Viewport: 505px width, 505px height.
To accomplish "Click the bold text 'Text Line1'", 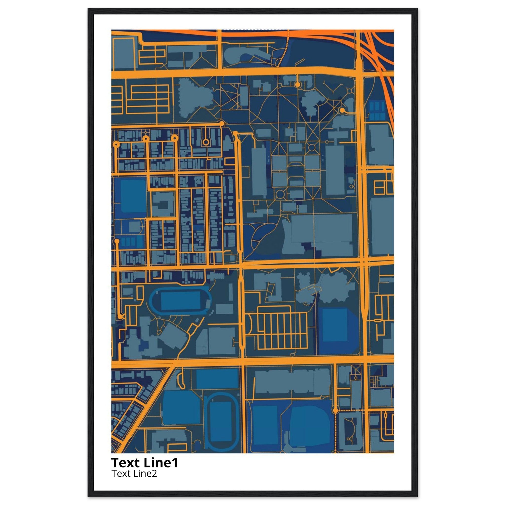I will pyautogui.click(x=144, y=462).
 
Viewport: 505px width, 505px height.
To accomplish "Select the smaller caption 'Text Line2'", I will pyautogui.click(x=134, y=473).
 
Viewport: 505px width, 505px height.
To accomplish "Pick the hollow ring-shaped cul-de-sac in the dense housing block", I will pyautogui.click(x=206, y=142).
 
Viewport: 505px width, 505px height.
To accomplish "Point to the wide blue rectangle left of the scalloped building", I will pyautogui.click(x=217, y=379).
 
